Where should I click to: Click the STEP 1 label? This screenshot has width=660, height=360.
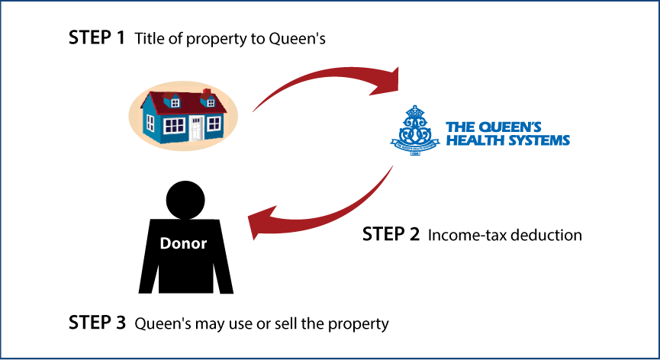pyautogui.click(x=97, y=38)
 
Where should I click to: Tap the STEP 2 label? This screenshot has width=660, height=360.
pyautogui.click(x=391, y=234)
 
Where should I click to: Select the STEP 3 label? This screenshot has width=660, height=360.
pyautogui.click(x=97, y=323)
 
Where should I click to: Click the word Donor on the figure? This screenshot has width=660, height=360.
pyautogui.click(x=184, y=243)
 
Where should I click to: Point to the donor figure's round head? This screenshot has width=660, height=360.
pyautogui.click(x=185, y=200)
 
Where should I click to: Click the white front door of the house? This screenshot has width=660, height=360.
pyautogui.click(x=196, y=128)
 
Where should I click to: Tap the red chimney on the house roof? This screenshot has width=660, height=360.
pyautogui.click(x=207, y=93)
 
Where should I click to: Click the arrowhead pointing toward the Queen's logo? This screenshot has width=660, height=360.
pyautogui.click(x=385, y=81)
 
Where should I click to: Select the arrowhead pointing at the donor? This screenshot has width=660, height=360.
pyautogui.click(x=262, y=223)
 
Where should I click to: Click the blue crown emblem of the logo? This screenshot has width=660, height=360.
pyautogui.click(x=415, y=130)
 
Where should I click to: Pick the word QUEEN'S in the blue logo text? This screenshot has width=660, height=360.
pyautogui.click(x=510, y=127)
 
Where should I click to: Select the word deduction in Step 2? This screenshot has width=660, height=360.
pyautogui.click(x=546, y=235)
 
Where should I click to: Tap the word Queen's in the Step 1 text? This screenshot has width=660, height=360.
pyautogui.click(x=297, y=39)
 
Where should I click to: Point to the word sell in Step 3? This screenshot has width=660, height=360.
pyautogui.click(x=286, y=324)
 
